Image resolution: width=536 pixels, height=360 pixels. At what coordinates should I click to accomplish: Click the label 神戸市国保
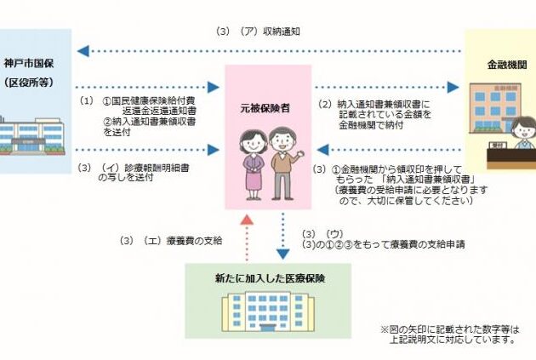28,64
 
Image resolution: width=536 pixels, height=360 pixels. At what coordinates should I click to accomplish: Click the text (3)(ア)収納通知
259,31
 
